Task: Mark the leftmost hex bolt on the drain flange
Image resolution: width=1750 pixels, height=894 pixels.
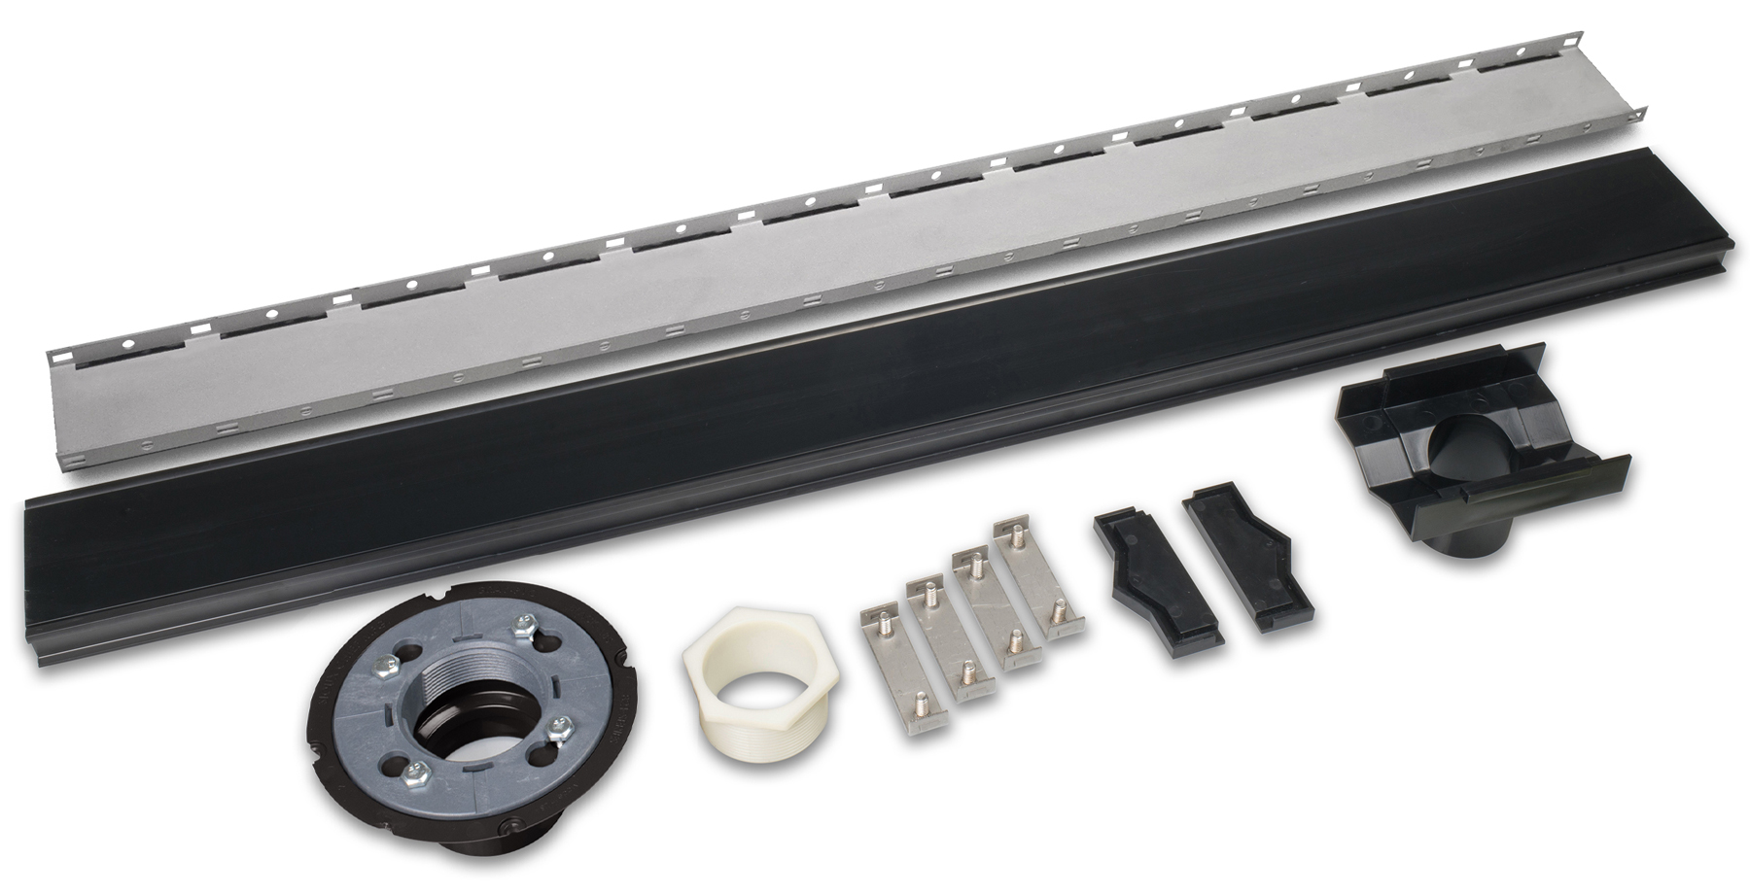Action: click(x=385, y=670)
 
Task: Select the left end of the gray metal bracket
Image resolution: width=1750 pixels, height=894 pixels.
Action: click(x=68, y=408)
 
